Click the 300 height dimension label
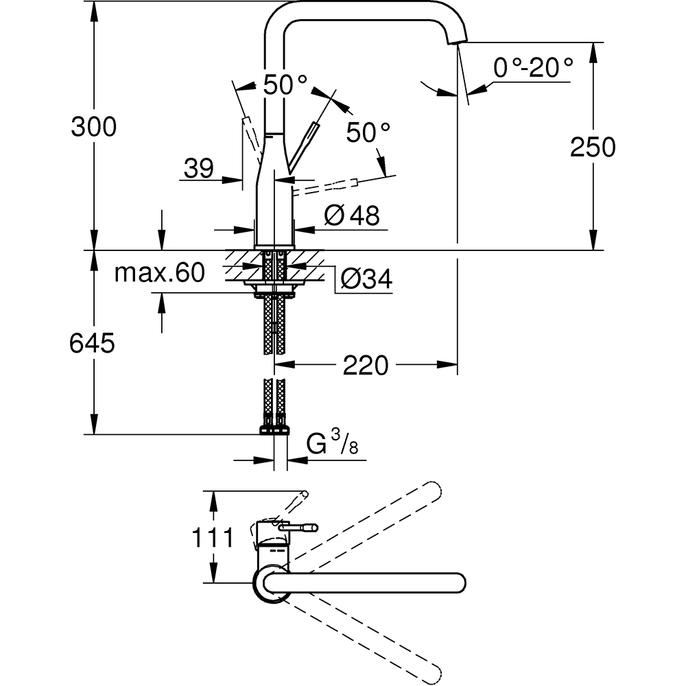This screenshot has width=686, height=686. [x=94, y=127]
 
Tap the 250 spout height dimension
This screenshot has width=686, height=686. [x=593, y=147]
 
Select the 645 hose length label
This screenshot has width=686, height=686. [x=92, y=343]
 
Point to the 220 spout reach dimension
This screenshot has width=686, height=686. [x=366, y=366]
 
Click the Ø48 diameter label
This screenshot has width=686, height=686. [x=351, y=216]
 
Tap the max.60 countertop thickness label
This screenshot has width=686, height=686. [x=159, y=273]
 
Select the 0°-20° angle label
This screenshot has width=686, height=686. [x=533, y=67]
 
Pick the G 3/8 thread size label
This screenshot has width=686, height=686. [x=331, y=447]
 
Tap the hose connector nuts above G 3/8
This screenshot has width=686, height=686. [x=274, y=430]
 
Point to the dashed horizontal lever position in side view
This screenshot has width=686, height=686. [x=329, y=185]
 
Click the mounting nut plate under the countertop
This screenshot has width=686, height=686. [x=274, y=294]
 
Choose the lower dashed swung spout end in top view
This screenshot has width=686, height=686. [x=432, y=669]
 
